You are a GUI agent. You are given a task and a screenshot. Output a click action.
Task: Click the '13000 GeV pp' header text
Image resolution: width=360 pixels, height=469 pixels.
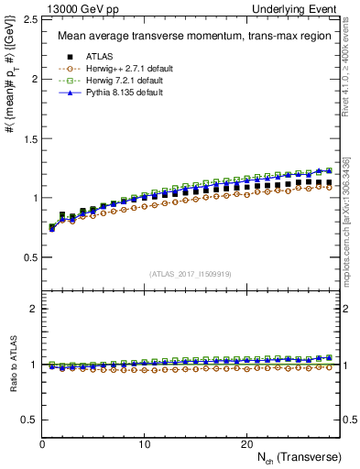tap(77, 8)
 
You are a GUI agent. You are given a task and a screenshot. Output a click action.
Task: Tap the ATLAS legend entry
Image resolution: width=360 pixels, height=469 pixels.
tap(100, 58)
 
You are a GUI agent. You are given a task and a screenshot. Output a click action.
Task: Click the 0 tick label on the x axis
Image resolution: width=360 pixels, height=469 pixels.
tap(42, 443)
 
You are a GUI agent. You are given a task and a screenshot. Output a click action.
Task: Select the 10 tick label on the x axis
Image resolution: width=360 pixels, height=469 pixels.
tap(144, 443)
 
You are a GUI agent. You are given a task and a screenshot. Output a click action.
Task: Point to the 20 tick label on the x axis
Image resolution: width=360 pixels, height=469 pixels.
tap(245, 443)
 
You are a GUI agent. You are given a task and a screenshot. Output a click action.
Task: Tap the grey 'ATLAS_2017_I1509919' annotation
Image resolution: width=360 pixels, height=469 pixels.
tap(191, 273)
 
